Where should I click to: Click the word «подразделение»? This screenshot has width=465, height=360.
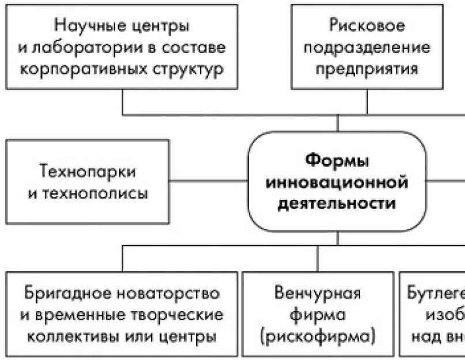coord(367,47)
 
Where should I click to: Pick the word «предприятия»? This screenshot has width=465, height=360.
coord(368,69)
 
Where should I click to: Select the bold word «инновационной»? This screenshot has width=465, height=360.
coord(337,182)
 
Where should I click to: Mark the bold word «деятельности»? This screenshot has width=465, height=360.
coord(337,204)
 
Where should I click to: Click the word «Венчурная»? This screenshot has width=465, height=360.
coord(317,293)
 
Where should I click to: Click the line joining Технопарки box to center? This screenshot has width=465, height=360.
coord(209,180)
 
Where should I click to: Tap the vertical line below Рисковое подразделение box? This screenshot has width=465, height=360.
coord(367,101)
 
